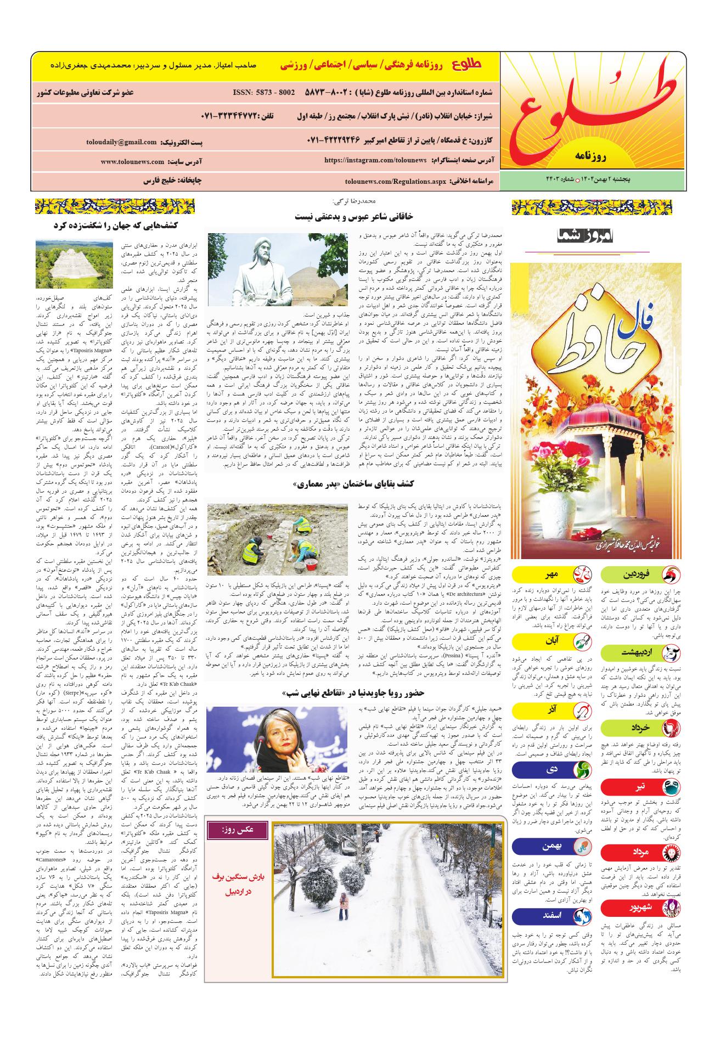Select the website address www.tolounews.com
132,162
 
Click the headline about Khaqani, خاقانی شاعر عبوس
354,216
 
